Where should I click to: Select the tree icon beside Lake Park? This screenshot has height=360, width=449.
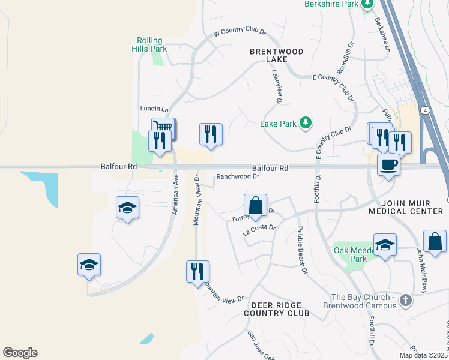(x=306, y=123)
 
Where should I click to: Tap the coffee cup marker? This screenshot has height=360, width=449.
(x=388, y=163)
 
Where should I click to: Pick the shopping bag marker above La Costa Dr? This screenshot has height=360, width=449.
(x=256, y=204)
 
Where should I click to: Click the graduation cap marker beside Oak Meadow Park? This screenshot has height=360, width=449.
(x=385, y=244)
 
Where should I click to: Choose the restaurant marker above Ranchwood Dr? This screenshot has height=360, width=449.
(x=211, y=133)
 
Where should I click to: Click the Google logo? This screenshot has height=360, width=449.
(x=20, y=353)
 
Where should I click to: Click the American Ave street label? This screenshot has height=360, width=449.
(x=175, y=194)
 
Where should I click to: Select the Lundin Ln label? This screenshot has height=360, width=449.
(x=154, y=109)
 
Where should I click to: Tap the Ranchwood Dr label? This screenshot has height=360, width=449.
(x=238, y=176)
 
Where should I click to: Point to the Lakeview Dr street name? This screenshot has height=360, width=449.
(x=277, y=86)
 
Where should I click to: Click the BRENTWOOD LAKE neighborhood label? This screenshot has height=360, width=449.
(x=277, y=55)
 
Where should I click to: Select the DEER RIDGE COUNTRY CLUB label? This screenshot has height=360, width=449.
(x=277, y=309)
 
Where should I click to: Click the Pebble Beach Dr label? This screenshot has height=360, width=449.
(x=301, y=250)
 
